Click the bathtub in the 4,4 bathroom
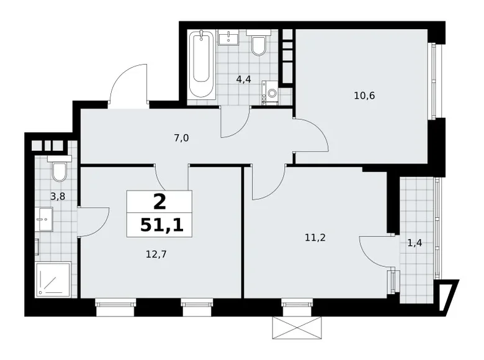click(202, 65)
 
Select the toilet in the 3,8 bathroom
click(60, 170)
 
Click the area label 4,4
click(243, 79)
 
